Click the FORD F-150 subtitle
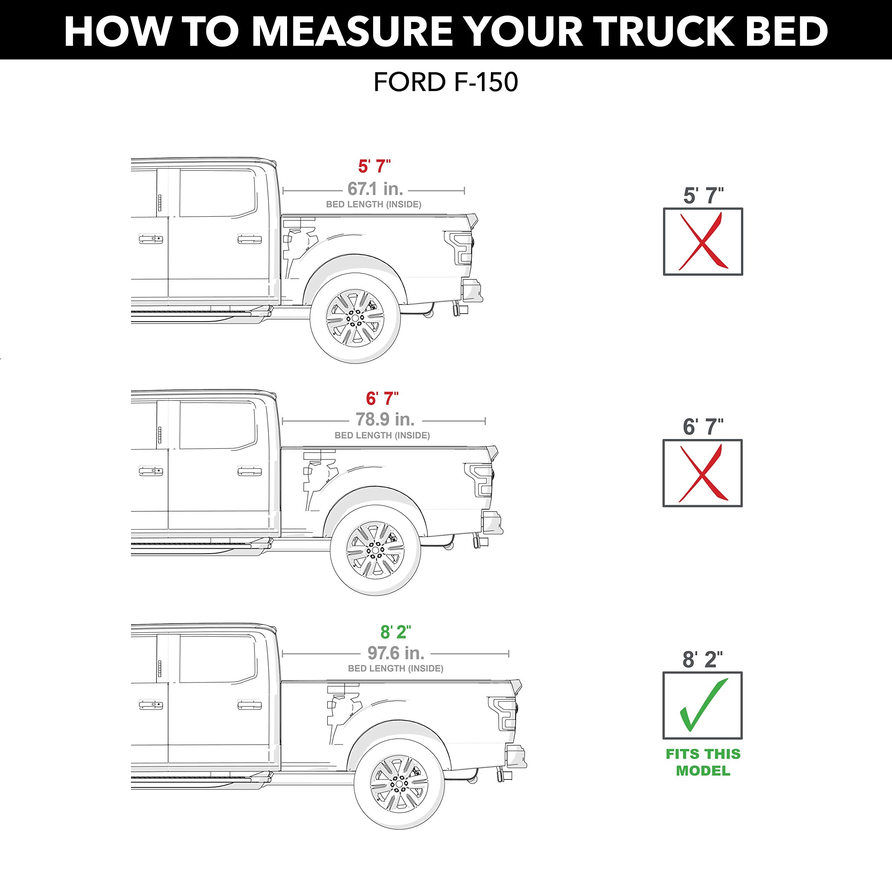click(x=446, y=83)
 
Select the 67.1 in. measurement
click(x=375, y=189)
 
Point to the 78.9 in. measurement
click(x=385, y=419)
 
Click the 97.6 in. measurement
click(x=396, y=653)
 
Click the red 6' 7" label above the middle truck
click(x=382, y=398)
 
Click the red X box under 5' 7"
click(x=703, y=241)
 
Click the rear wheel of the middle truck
click(x=375, y=550)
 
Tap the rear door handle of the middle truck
click(x=249, y=471)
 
